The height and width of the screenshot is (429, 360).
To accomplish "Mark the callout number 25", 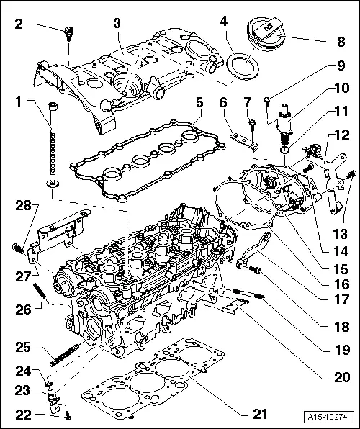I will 24,347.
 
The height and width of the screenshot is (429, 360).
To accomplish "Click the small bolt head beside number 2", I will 69,32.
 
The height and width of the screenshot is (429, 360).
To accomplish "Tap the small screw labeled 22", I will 68,414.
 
